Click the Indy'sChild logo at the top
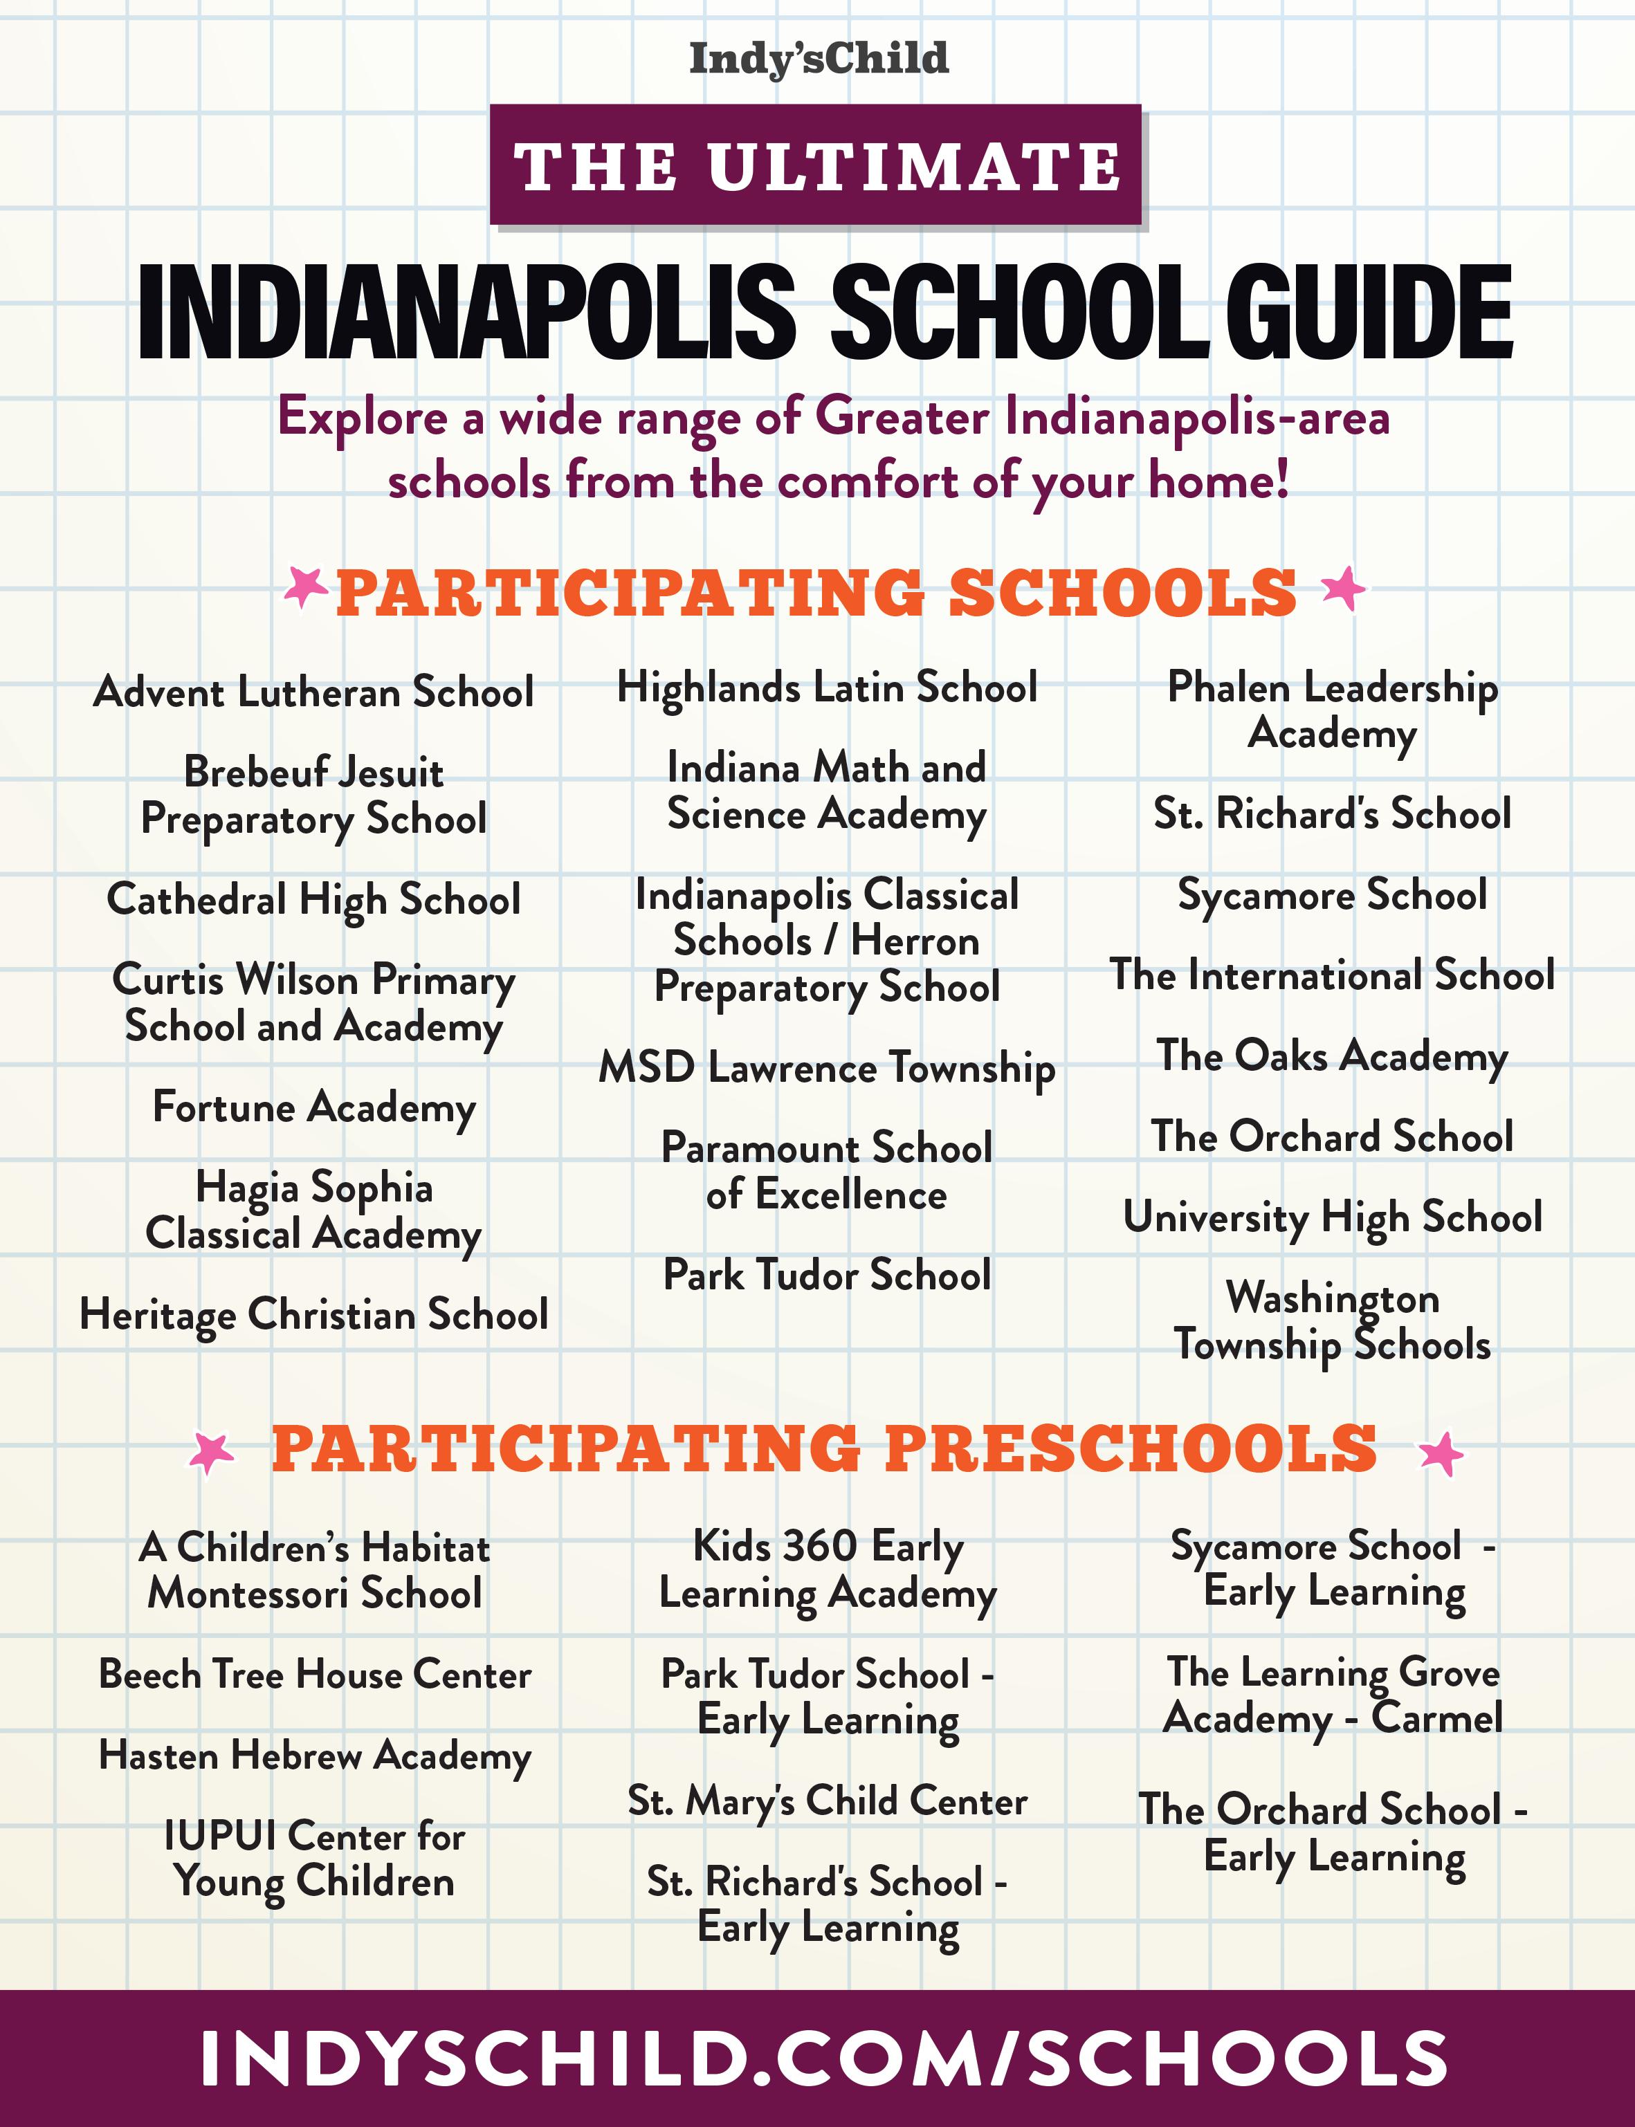point(819,58)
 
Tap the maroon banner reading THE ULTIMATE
point(816,165)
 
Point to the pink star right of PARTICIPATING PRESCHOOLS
point(1441,1455)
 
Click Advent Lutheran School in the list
point(313,692)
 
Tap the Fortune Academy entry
point(313,1107)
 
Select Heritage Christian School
point(313,1314)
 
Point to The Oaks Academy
point(1333,1056)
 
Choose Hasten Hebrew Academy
point(316,1756)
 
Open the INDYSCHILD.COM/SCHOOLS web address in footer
point(823,2058)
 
